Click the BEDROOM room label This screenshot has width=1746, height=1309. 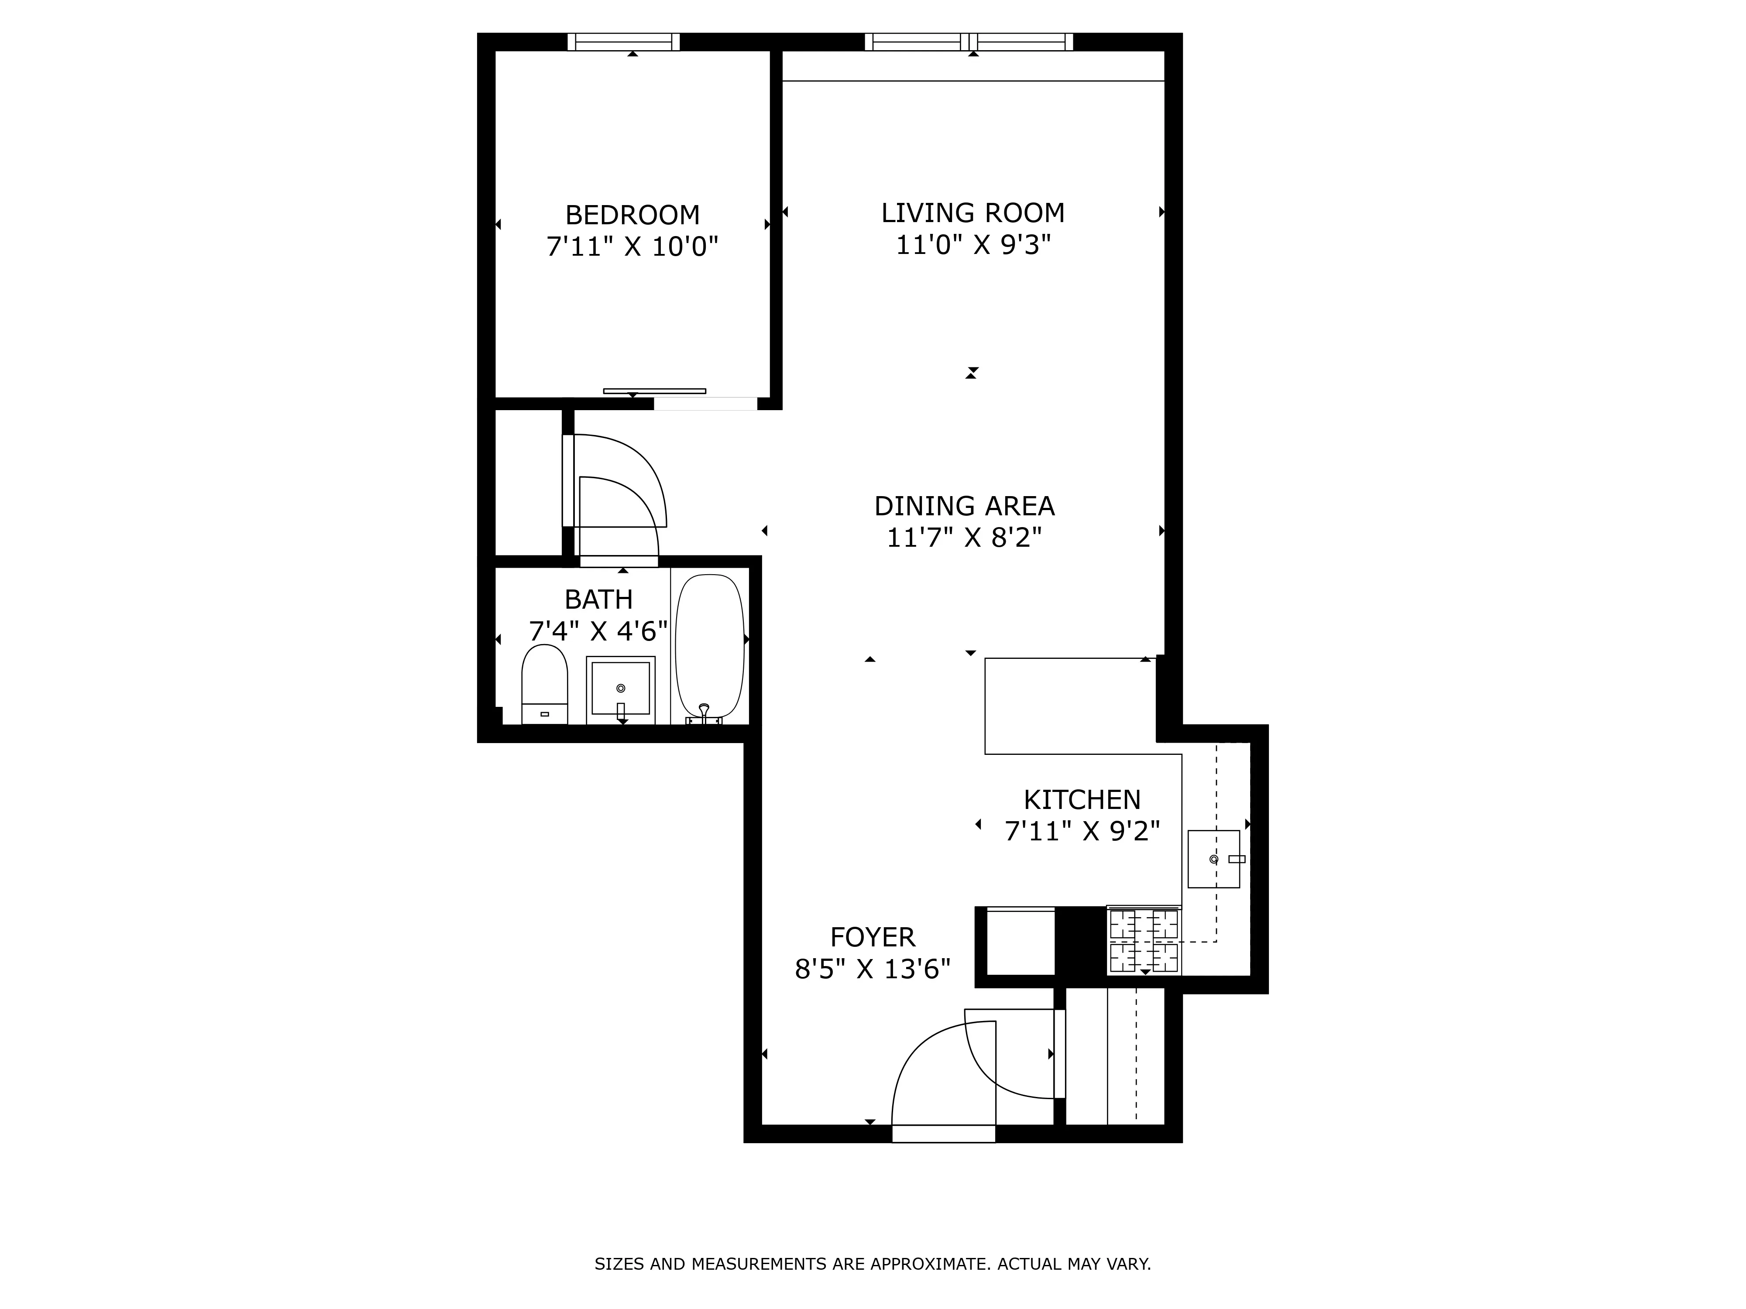point(632,215)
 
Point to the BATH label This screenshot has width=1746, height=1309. point(598,600)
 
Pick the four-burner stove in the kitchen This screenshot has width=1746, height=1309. point(1144,941)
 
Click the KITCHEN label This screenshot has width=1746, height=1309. point(1081,800)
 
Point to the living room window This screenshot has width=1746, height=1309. point(969,42)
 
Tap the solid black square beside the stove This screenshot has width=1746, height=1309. point(1080,941)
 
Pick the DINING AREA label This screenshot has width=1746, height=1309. point(964,506)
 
